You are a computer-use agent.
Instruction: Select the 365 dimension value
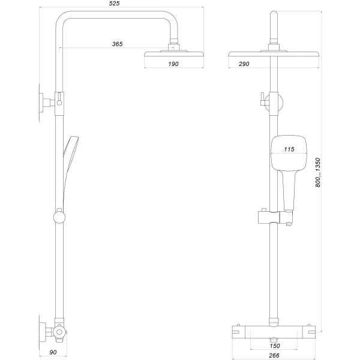tap(118, 44)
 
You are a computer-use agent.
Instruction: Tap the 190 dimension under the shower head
tap(173, 64)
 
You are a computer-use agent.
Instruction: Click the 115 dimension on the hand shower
tap(289, 149)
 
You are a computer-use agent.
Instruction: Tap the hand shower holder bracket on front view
tap(264, 217)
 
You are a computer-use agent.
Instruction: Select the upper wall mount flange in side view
tap(44, 103)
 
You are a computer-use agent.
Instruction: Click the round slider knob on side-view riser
tap(59, 217)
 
